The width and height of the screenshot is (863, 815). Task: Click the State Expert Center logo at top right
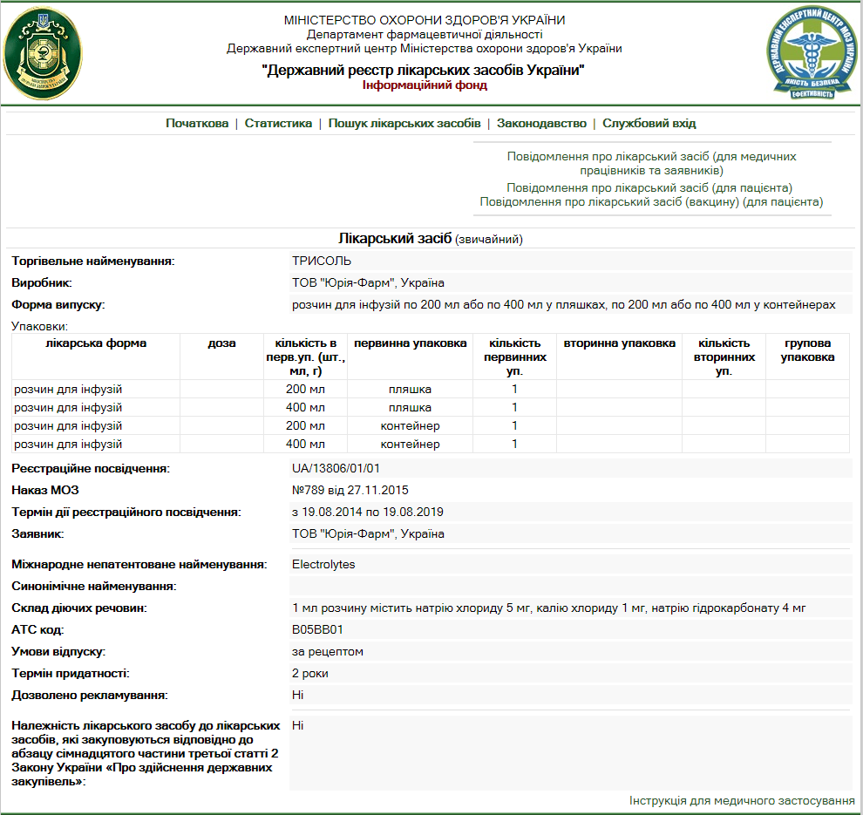coord(812,54)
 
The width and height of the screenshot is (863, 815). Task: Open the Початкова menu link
coord(197,124)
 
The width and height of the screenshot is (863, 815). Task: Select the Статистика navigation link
coord(278,124)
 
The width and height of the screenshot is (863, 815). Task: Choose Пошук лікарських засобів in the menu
coord(404,124)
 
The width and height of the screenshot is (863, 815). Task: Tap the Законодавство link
coord(541,124)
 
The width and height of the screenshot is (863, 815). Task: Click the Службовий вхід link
coord(649,124)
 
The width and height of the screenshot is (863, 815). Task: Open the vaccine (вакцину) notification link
coord(651,202)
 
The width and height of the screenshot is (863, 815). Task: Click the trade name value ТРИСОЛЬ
coord(322,260)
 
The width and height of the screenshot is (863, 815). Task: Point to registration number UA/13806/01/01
coord(336,468)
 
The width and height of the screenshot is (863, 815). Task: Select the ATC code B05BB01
coord(317,629)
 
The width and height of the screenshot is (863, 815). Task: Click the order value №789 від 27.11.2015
coord(350,490)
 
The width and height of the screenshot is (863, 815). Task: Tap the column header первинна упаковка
coord(410,343)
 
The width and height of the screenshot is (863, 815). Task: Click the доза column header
coord(221,343)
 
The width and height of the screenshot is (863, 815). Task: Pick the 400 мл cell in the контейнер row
coord(305,445)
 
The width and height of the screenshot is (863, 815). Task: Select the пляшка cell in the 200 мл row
coord(410,389)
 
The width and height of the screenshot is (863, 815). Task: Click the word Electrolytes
coord(323,564)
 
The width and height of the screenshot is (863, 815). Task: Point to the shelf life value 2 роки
coord(310,674)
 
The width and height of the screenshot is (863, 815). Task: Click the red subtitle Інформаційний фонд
coord(424,85)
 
